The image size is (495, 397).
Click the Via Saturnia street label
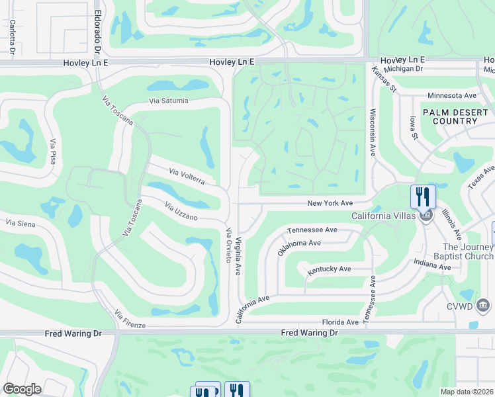click(169, 101)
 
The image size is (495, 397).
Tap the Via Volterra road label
click(192, 177)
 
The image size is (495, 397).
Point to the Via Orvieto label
click(229, 245)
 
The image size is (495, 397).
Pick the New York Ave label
click(330, 203)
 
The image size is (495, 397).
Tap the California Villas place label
click(383, 216)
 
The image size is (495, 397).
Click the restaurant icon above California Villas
click(423, 197)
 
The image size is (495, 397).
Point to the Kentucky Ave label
click(329, 269)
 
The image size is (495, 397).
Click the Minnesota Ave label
click(452, 95)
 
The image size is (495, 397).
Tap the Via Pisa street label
click(53, 152)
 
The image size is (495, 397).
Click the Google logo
click(22, 389)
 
